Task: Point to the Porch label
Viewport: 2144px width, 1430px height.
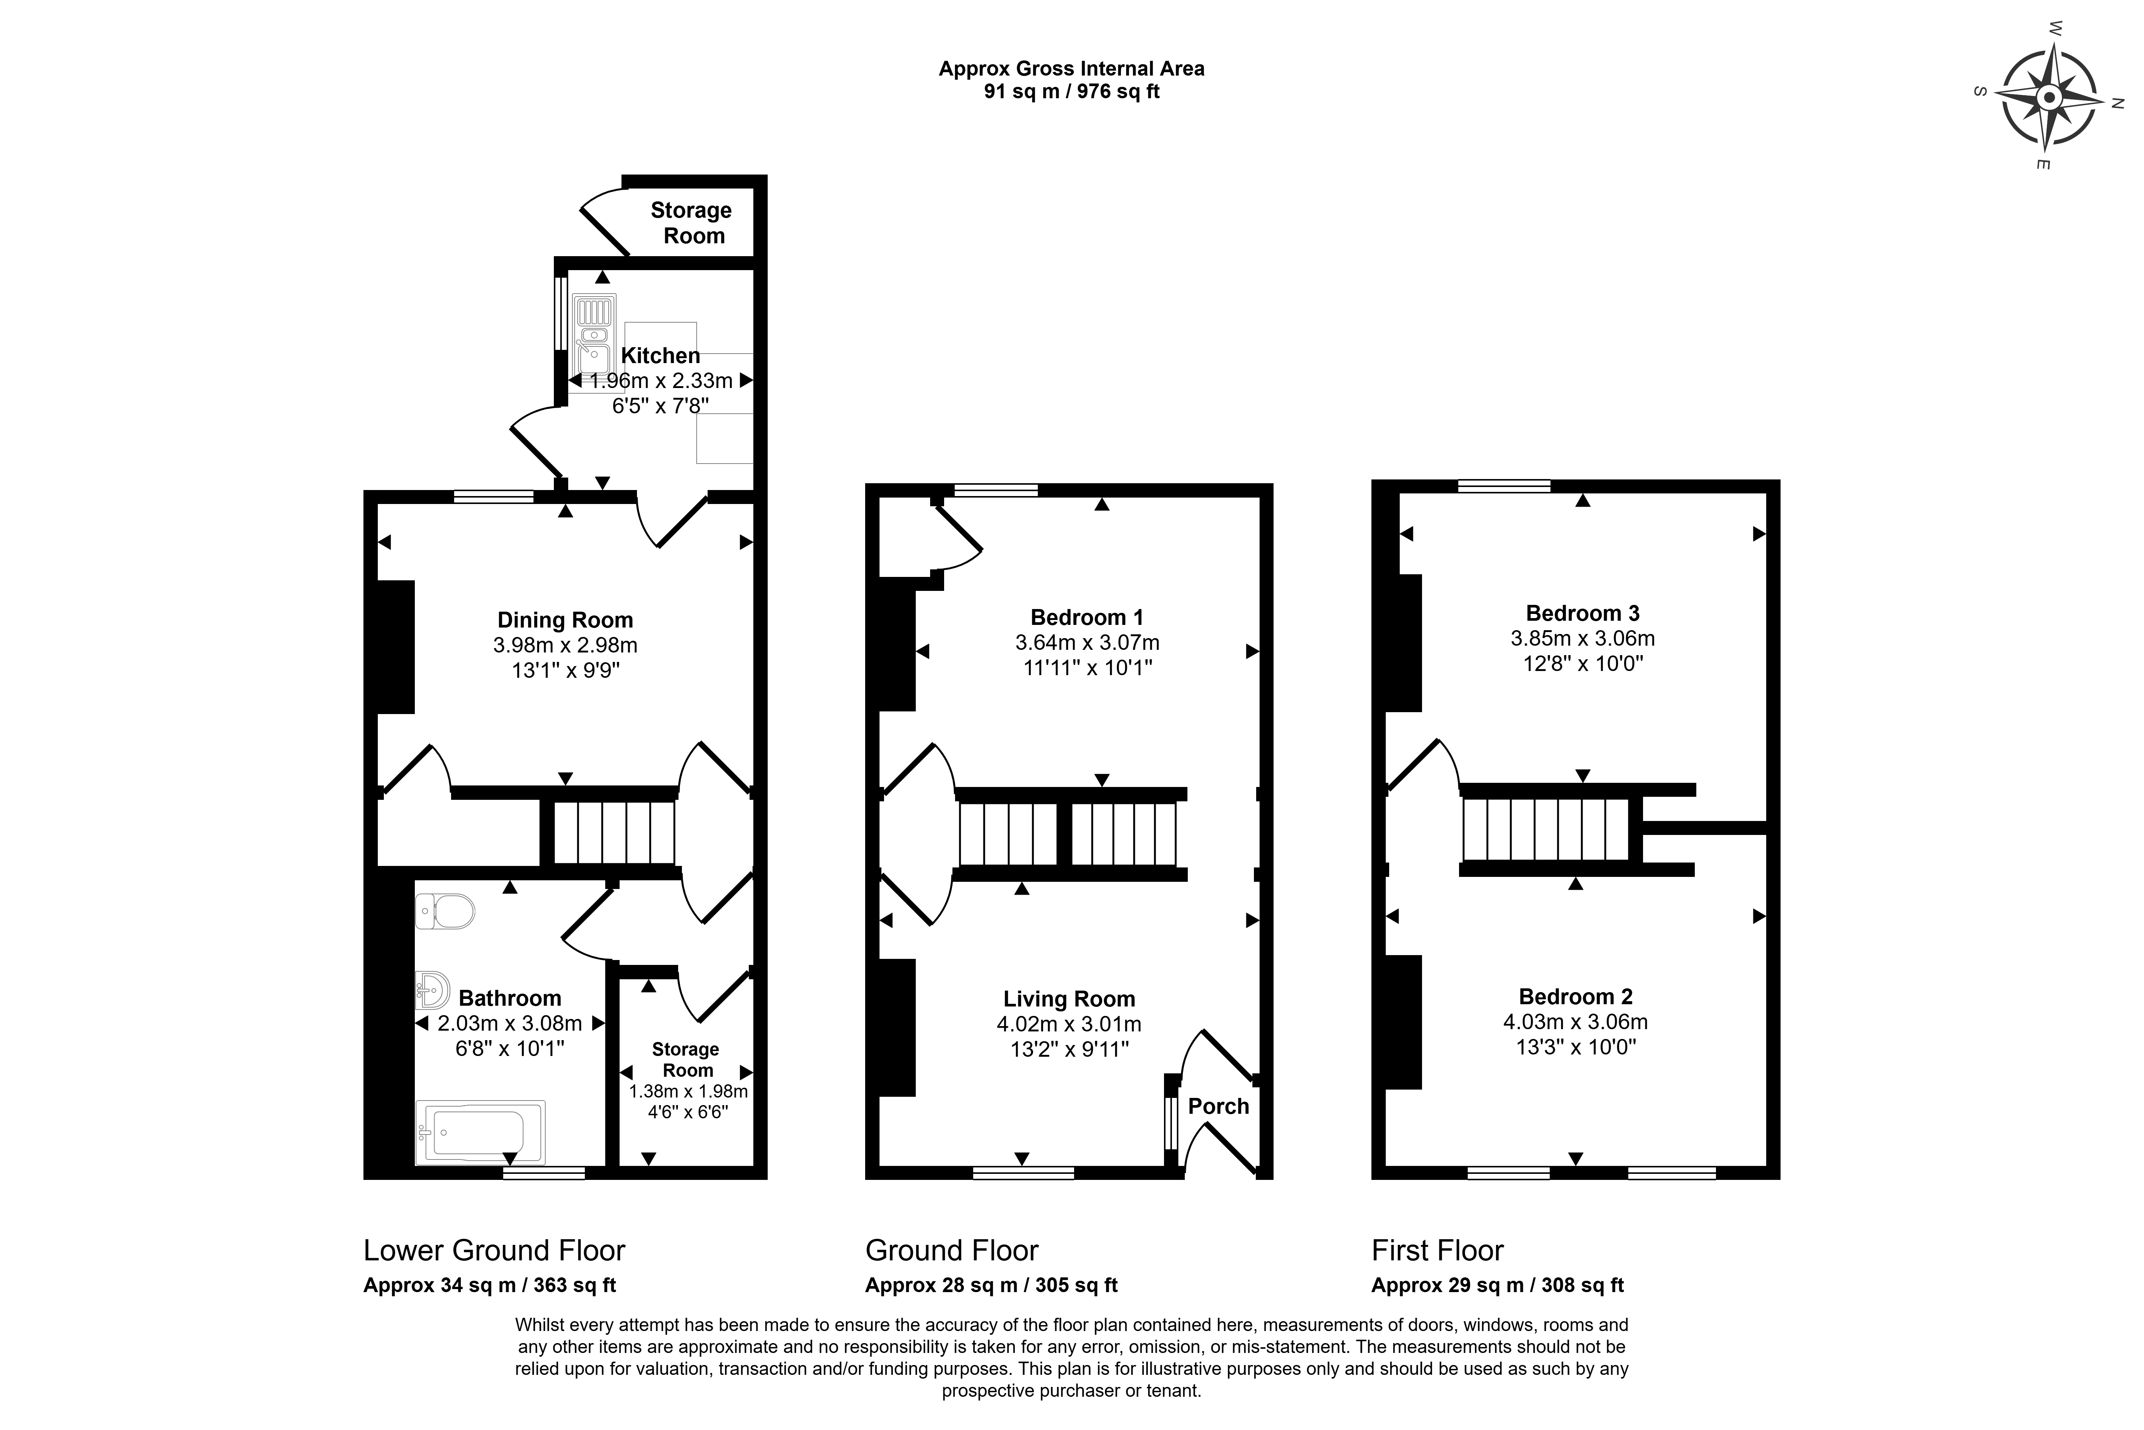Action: pyautogui.click(x=1218, y=1106)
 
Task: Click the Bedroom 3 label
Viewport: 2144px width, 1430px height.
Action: pyautogui.click(x=1582, y=613)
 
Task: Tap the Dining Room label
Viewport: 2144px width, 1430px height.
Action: pyautogui.click(x=566, y=620)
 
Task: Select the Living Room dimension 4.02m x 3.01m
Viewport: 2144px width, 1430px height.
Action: pyautogui.click(x=1069, y=1024)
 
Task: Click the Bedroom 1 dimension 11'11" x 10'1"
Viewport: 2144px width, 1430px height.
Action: pyautogui.click(x=1088, y=668)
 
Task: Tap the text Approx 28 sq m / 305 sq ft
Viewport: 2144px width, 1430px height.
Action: pyautogui.click(x=991, y=1285)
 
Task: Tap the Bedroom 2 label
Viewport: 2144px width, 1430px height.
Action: pyautogui.click(x=1576, y=997)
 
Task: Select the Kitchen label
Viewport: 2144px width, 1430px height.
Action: pyautogui.click(x=660, y=356)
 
